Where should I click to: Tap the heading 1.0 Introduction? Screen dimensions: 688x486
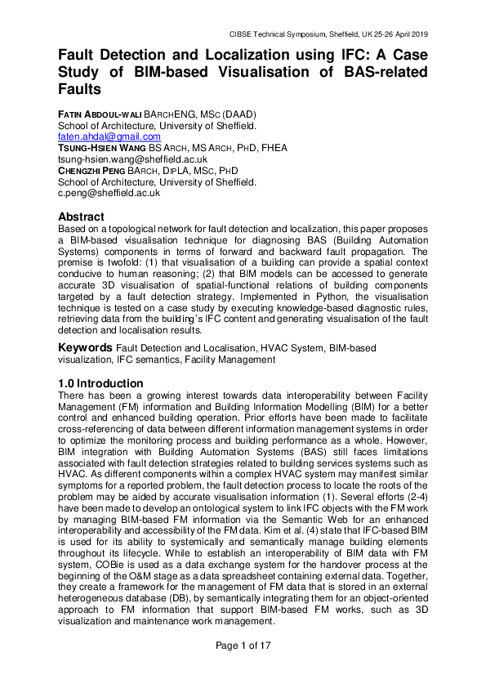[x=100, y=383]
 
